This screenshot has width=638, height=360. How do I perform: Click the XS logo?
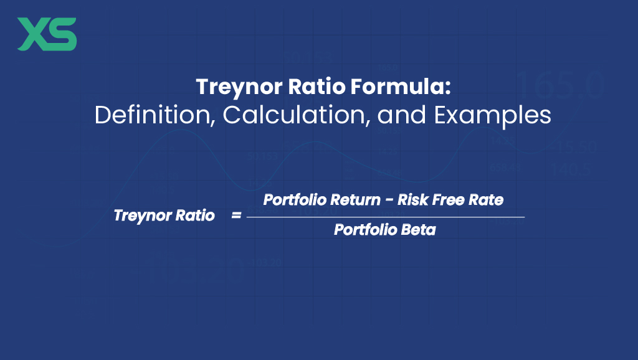click(x=47, y=34)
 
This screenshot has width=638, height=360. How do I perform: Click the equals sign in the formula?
click(x=236, y=216)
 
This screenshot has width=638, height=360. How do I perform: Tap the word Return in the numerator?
click(x=346, y=201)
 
